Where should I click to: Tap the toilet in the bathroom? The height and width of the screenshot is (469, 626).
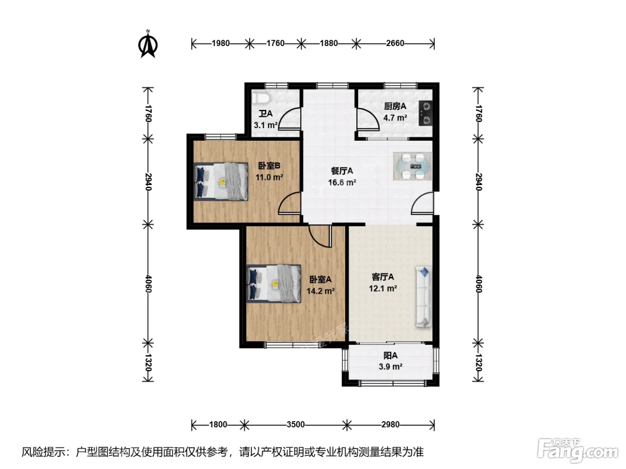pyautogui.click(x=261, y=98)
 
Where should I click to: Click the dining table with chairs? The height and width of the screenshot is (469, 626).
pyautogui.click(x=412, y=166)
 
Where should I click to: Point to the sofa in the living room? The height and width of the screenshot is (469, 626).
pyautogui.click(x=423, y=296)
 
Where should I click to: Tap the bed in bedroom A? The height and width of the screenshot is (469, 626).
pyautogui.click(x=274, y=284)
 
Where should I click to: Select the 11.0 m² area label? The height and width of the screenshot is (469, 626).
pyautogui.click(x=269, y=177)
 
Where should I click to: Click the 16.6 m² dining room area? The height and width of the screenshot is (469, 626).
pyautogui.click(x=342, y=183)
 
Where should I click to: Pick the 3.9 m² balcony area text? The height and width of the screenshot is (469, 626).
pyautogui.click(x=390, y=366)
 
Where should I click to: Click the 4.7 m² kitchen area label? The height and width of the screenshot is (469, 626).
pyautogui.click(x=395, y=117)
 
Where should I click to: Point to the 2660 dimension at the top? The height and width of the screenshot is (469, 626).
pyautogui.click(x=395, y=43)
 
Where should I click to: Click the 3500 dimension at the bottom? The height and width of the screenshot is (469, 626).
pyautogui.click(x=296, y=425)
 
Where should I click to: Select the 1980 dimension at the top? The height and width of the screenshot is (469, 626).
pyautogui.click(x=221, y=43)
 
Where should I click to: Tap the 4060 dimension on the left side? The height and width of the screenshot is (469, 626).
pyautogui.click(x=148, y=284)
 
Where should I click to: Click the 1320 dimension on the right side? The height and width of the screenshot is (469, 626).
pyautogui.click(x=478, y=363)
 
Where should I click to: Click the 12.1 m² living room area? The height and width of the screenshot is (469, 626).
pyautogui.click(x=383, y=289)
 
